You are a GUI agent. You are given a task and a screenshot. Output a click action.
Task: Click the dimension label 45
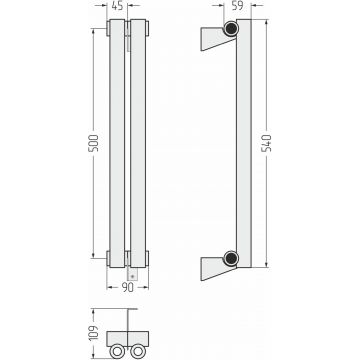[117, 6]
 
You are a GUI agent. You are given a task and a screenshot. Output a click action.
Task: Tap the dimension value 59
[237, 6]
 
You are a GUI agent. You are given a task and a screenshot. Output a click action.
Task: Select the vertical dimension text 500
[94, 143]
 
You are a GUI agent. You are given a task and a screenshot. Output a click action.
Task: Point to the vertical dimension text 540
[266, 143]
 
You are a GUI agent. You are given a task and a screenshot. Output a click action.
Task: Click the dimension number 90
[127, 287]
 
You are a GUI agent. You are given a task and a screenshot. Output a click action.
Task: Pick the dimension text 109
[94, 333]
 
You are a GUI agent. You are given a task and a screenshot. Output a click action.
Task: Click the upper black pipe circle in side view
[231, 28]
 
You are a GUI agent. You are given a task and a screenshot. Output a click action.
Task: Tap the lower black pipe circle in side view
[231, 258]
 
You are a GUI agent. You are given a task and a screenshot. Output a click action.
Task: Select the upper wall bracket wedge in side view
[217, 38]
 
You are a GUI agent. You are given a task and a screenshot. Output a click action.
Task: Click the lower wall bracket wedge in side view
[217, 268]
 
